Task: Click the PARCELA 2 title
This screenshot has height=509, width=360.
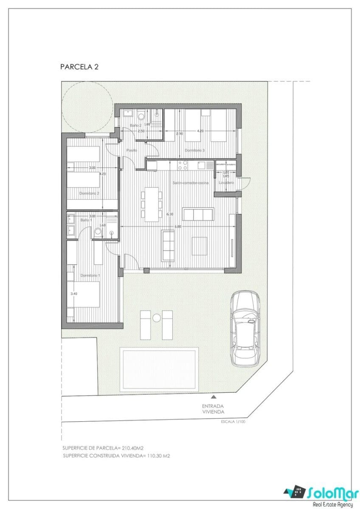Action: [79, 67]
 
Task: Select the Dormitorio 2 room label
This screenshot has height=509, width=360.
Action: [89, 193]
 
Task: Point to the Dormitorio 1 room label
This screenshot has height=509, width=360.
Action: [90, 275]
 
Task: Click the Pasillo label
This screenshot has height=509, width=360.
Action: [132, 151]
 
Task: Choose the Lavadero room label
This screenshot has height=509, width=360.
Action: [226, 182]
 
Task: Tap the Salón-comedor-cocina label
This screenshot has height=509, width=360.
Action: [190, 182]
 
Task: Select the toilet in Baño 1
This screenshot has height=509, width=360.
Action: [98, 232]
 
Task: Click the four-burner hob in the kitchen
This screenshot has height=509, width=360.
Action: [183, 165]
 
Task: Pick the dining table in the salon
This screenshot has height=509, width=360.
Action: [152, 204]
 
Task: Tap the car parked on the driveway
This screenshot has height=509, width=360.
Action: [245, 328]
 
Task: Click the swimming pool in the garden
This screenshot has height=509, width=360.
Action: [159, 369]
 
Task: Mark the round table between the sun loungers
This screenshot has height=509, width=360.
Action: [156, 318]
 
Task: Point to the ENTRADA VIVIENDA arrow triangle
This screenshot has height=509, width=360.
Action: [213, 397]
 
